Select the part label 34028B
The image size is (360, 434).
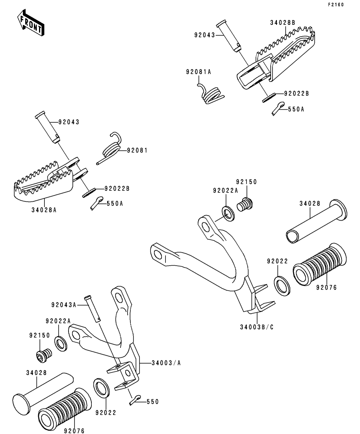point(282,22)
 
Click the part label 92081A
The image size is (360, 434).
point(199,72)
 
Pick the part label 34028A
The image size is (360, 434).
point(44,210)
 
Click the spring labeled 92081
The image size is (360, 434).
point(111,148)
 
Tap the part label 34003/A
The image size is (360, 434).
point(166,363)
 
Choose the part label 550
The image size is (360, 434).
point(152,402)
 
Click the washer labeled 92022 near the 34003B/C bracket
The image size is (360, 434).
point(282,285)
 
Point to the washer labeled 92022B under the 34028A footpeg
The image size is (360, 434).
point(89,192)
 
